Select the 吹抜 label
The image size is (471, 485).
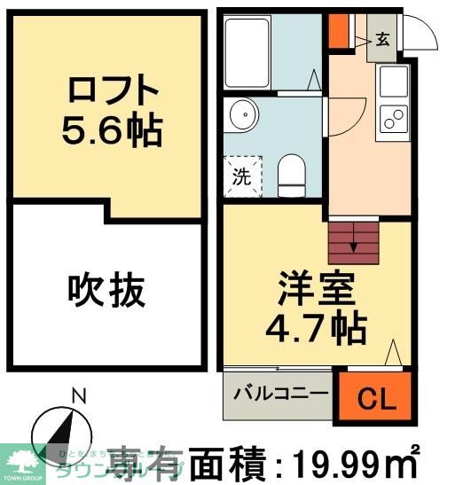(x=106, y=290)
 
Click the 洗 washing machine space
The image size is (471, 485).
(x=241, y=175)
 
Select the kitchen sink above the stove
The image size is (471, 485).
(x=393, y=83)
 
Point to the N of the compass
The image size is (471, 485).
(x=78, y=395)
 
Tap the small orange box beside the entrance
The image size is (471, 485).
(x=339, y=30)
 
